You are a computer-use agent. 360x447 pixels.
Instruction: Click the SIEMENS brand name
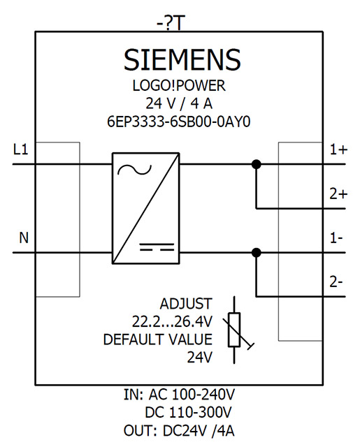pos(182,59)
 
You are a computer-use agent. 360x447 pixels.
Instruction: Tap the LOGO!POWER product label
pos(179,85)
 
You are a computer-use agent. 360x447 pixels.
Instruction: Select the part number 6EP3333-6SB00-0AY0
pos(179,122)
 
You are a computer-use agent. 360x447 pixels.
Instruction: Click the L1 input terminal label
pos(21,149)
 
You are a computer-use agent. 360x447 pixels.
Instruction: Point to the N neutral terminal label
pos(24,237)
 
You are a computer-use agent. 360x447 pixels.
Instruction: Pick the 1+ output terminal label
pos(339,149)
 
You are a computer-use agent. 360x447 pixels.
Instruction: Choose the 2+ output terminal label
pos(339,194)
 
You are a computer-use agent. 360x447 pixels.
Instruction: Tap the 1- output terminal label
pos(336,237)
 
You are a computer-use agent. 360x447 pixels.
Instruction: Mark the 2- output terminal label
pos(336,282)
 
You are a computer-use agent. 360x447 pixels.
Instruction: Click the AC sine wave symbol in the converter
pos(135,170)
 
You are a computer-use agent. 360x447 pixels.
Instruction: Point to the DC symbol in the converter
pos(157,247)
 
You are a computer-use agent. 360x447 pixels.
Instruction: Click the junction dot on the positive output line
pos(257,164)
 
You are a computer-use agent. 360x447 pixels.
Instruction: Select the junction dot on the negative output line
pos(257,253)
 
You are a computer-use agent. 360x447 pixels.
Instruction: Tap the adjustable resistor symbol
pos(234,330)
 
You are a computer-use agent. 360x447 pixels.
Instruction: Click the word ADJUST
pos(186,304)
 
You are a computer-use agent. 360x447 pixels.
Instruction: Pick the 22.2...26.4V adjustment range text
pos(172,322)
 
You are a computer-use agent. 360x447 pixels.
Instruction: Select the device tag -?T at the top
pos(169,23)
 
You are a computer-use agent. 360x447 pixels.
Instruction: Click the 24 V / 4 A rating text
pos(179,103)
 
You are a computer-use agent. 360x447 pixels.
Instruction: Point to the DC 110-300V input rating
pos(189,412)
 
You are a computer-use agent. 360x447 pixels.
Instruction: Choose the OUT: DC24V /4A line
pos(179,430)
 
